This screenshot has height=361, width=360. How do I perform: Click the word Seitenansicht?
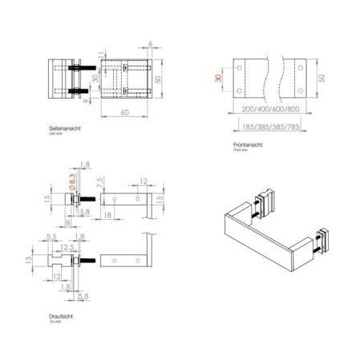[x=66, y=128]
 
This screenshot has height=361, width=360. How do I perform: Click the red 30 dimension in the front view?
[x=217, y=78]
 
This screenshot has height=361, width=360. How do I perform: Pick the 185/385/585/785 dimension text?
[x=271, y=126]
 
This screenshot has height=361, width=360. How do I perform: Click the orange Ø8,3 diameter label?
[x=72, y=180]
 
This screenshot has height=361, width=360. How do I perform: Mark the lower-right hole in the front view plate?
[x=302, y=88]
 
